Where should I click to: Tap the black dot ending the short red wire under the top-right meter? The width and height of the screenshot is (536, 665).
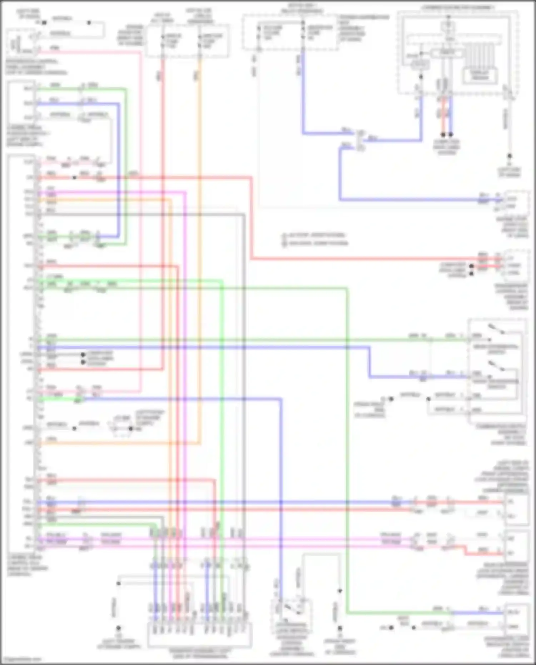[x=443, y=135]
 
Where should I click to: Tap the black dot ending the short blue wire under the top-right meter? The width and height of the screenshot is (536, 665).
[x=451, y=135]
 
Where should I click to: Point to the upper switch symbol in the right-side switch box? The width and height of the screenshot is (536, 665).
[x=496, y=329]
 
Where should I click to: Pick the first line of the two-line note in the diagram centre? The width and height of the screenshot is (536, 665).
[x=314, y=235]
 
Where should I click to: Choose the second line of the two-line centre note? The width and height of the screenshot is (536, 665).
[x=316, y=243]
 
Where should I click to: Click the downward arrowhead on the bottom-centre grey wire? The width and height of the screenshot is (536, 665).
[x=340, y=591]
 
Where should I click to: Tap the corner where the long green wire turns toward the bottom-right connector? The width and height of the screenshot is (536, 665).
[x=347, y=613]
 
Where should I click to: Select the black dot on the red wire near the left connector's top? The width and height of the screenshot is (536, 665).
[x=74, y=178]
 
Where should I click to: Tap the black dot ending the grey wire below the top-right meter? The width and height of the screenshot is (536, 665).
[x=510, y=156]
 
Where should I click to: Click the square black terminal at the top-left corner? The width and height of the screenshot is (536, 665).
[x=44, y=23]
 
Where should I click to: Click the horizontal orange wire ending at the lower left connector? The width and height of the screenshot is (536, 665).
[x=118, y=443]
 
